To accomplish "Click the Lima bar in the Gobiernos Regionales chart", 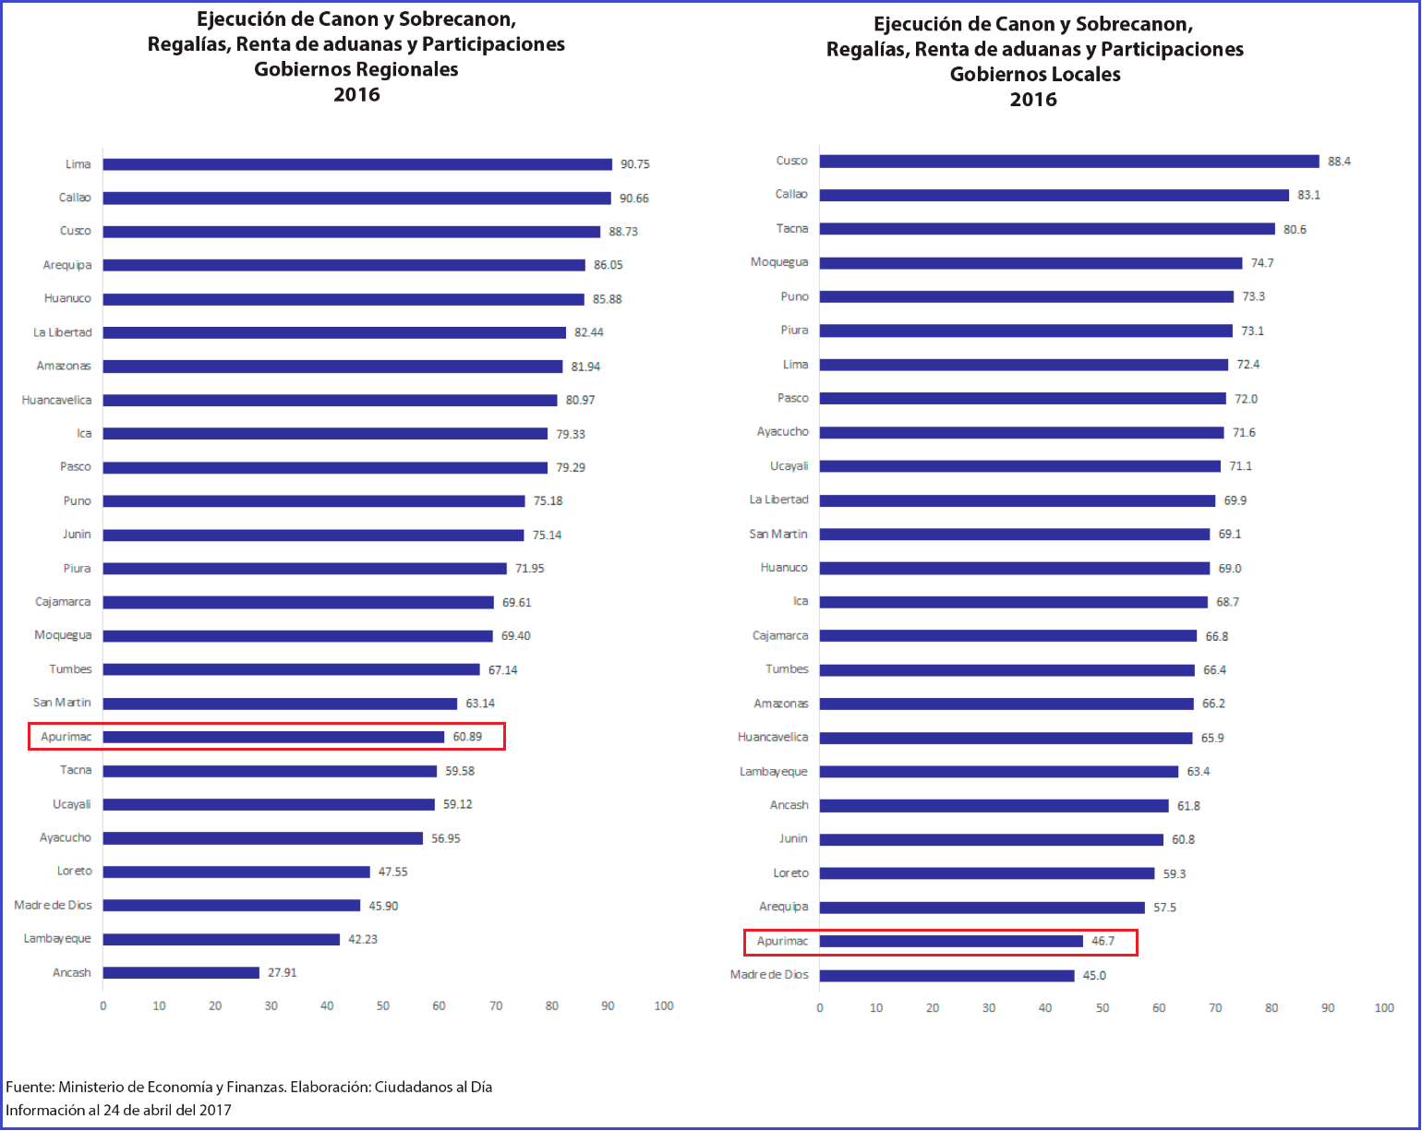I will tap(357, 164).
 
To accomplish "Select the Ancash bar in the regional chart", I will tap(181, 973).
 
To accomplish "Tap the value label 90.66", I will tap(634, 199).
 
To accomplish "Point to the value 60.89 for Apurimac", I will tap(467, 737).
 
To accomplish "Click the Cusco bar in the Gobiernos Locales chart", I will tap(1069, 162).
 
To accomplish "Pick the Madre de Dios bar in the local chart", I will tap(946, 976).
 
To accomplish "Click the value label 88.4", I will tap(1339, 162).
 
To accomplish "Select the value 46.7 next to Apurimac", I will tap(1103, 942).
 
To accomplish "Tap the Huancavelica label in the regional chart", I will tap(56, 401).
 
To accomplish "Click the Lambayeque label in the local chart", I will tap(773, 772).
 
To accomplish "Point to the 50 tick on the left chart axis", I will tap(383, 1006).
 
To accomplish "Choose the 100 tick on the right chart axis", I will tap(1384, 1008).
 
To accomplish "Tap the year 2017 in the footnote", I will tap(215, 1111).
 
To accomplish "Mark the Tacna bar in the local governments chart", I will tap(1047, 229).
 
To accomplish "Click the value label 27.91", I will tap(283, 973).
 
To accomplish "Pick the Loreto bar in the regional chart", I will tap(236, 872).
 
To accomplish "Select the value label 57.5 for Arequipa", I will tap(1164, 908).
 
